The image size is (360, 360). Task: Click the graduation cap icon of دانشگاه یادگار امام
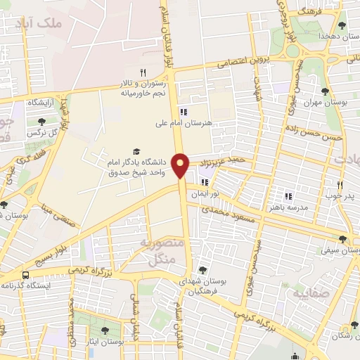pos(136,152)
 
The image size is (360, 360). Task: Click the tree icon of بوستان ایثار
pos(105,329)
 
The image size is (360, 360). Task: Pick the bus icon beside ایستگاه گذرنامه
pos(26,275)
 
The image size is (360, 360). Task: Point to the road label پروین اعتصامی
pos(240,62)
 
